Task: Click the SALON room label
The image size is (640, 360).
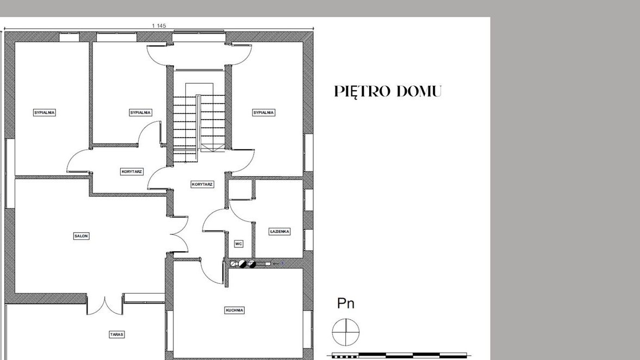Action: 81,236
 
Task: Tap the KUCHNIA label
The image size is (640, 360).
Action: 234,310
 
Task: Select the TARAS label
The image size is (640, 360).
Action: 117,334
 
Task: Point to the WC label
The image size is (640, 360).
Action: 238,244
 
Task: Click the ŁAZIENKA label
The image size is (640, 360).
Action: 279,232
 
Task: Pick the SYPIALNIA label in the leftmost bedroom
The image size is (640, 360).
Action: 44,112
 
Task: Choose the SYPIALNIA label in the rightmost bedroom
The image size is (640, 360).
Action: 264,112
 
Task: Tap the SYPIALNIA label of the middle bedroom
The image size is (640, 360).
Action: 140,112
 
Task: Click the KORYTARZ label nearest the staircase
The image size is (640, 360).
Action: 202,184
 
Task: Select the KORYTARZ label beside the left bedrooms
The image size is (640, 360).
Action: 132,171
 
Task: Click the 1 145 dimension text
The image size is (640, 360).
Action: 159,26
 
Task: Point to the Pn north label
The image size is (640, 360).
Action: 346,303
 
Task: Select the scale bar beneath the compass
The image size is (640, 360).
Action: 400,356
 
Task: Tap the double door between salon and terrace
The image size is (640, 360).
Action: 104,306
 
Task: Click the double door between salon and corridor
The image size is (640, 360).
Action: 179,235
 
